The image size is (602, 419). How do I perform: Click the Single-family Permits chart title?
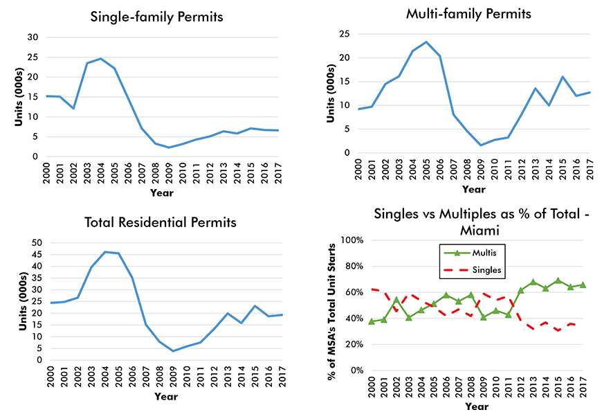coord(157,17)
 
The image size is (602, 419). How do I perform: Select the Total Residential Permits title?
coord(160,222)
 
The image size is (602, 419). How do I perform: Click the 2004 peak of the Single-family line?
coord(100,59)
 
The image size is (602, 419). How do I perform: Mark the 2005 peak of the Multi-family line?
coord(426,42)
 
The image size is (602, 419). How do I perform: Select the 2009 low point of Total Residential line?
coord(174,351)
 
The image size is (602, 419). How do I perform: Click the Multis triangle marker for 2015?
coord(558,280)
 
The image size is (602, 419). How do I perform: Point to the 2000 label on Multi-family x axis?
coord(359,170)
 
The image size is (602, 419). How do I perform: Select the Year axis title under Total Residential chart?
coord(166,396)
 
